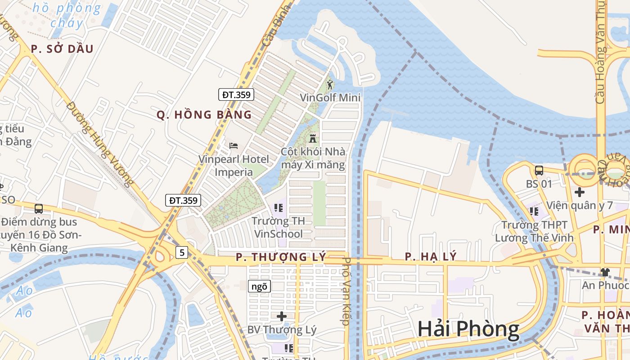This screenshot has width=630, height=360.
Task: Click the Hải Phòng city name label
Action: [x=468, y=329]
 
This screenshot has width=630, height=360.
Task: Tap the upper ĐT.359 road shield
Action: [x=236, y=94]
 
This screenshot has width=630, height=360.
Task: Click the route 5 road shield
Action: [x=181, y=252]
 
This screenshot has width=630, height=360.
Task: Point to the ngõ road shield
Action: [x=259, y=286]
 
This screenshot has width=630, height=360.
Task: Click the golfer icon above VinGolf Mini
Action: [x=330, y=84]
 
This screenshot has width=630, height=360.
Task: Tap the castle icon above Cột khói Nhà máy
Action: [x=313, y=138]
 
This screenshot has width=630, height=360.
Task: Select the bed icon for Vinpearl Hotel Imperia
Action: [x=234, y=145]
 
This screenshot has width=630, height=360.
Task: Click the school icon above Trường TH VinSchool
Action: [x=278, y=207]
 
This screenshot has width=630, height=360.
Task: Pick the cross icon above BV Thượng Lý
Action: [x=282, y=316]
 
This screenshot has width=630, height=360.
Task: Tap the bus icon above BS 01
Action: [x=539, y=171]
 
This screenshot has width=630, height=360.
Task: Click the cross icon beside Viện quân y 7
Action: [x=580, y=192]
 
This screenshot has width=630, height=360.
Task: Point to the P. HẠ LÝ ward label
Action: [x=431, y=256]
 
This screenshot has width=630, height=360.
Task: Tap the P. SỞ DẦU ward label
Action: [x=62, y=49]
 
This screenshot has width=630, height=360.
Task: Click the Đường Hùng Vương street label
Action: [x=100, y=144]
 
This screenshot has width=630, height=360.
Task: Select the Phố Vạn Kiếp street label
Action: [x=346, y=291]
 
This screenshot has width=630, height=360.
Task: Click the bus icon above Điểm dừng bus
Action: [x=39, y=208]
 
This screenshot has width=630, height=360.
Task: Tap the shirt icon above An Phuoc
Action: [x=605, y=272]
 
